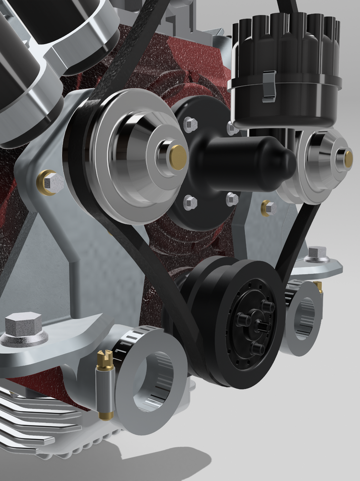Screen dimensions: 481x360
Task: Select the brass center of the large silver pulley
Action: (x=178, y=157)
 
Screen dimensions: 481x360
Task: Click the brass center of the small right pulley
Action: (x=348, y=159)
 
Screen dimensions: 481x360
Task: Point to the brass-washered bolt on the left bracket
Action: (x=50, y=183)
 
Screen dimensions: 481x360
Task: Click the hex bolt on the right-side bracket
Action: (x=316, y=254)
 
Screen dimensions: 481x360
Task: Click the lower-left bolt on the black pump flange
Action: (x=190, y=202)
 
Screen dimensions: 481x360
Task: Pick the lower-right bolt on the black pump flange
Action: (x=232, y=199)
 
